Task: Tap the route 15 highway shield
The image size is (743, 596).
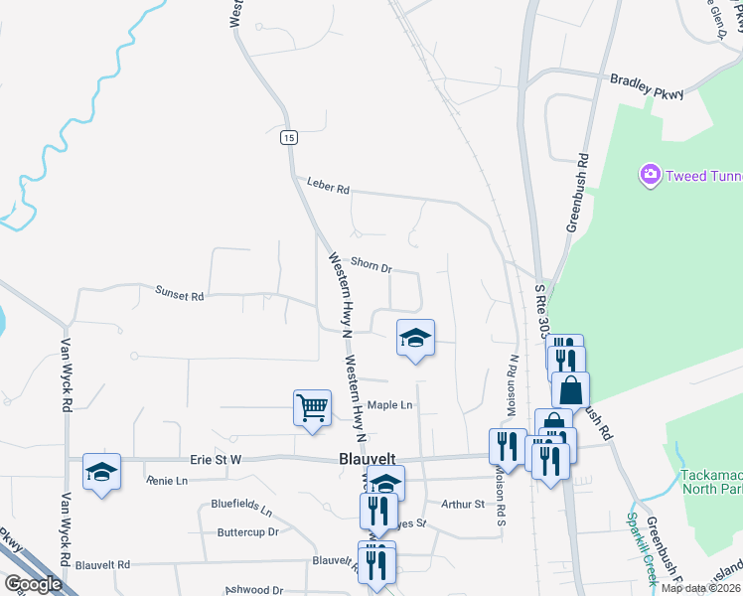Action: pyautogui.click(x=288, y=138)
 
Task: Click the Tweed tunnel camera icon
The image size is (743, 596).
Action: pyautogui.click(x=651, y=175)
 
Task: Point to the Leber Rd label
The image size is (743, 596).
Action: pyautogui.click(x=330, y=188)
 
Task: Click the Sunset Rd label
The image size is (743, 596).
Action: pyautogui.click(x=179, y=295)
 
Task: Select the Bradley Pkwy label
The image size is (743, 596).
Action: pyautogui.click(x=648, y=86)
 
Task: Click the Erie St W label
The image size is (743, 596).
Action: pyautogui.click(x=216, y=460)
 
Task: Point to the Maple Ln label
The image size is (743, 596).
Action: pyautogui.click(x=389, y=405)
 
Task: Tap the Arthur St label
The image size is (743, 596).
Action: pyautogui.click(x=462, y=504)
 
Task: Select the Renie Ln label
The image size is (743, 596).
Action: pyautogui.click(x=167, y=481)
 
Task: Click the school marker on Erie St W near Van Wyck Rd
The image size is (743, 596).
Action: pyautogui.click(x=101, y=472)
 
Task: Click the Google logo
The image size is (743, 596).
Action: pyautogui.click(x=33, y=584)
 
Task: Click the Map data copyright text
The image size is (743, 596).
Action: pyautogui.click(x=701, y=588)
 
